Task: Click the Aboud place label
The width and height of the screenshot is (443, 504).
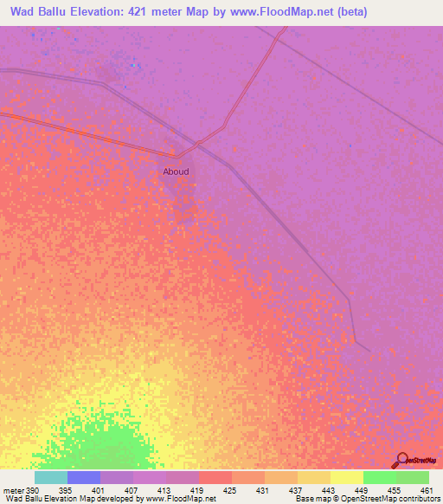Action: (176, 171)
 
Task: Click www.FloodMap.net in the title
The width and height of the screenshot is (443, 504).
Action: (286, 12)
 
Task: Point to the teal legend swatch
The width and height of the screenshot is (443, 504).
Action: (51, 477)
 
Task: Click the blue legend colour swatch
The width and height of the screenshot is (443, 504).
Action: (84, 477)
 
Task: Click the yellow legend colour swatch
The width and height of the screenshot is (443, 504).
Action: (347, 477)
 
